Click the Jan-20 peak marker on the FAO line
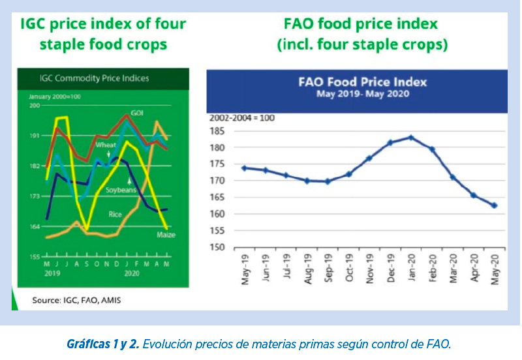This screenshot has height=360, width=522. [x=411, y=138]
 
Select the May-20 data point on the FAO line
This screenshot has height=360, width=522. [x=495, y=205]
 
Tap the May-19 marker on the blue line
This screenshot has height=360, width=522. [x=244, y=168]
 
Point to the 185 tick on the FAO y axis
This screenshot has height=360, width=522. [x=217, y=131]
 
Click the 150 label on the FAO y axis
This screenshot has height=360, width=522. [x=217, y=247]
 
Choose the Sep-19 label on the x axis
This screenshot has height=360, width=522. [x=328, y=268]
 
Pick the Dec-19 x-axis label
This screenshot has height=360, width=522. [x=391, y=268]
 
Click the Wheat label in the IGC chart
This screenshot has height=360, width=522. [x=106, y=145]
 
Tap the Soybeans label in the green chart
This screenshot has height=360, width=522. [x=121, y=190]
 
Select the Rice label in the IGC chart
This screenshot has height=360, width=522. [x=115, y=215]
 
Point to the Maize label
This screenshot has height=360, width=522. [x=166, y=235]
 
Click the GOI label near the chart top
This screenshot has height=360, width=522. [x=137, y=113]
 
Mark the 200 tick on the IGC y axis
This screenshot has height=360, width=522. [x=35, y=106]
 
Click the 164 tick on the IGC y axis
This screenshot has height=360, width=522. [x=35, y=226]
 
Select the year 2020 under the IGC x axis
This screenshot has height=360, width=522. [x=132, y=273]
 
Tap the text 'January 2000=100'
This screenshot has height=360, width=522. [x=55, y=97]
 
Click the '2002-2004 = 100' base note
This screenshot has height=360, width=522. [x=242, y=118]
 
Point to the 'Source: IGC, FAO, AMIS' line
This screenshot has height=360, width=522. [x=76, y=301]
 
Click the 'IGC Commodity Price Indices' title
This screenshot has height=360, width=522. [x=94, y=78]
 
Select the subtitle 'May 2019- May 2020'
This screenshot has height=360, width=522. [x=363, y=94]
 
